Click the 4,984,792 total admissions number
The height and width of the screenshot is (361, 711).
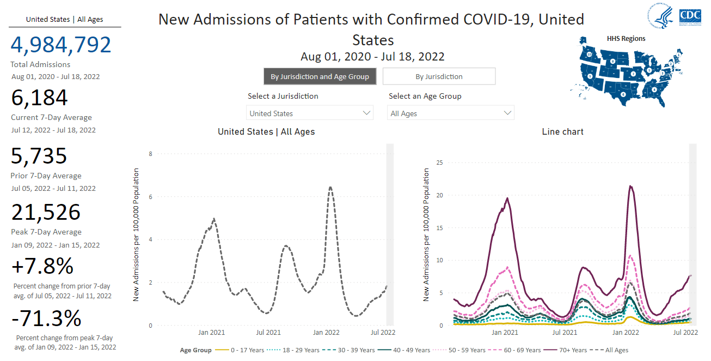60,45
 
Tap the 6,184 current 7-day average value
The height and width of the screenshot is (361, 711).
39,97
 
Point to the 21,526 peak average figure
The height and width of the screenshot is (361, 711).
46,212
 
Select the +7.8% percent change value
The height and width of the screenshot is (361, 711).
42,266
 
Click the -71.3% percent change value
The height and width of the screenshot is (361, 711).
46,318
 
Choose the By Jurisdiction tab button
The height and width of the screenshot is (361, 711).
439,76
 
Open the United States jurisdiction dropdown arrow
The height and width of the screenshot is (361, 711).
366,113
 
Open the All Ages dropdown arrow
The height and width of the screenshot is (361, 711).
507,113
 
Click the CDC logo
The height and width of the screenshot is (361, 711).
690,16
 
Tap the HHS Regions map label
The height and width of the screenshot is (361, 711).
626,39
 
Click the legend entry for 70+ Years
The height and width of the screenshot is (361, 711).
565,350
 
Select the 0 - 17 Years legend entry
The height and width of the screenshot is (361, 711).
240,350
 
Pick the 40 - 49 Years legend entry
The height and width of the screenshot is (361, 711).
404,350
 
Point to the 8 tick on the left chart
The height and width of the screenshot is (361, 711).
150,154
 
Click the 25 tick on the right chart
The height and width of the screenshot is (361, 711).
440,163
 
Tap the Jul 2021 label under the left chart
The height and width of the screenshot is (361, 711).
268,333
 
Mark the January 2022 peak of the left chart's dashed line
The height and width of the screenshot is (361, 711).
330,187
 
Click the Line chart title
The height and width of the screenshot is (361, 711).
562,131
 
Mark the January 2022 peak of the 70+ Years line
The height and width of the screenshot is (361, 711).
630,186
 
